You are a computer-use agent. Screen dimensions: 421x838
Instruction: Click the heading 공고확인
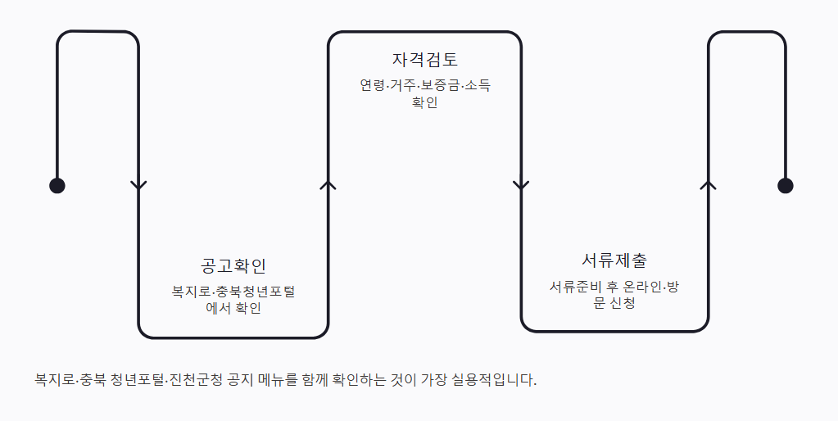[x=233, y=266]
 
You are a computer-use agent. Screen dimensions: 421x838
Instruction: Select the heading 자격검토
[x=425, y=60]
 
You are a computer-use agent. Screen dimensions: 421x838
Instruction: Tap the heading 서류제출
[x=614, y=261]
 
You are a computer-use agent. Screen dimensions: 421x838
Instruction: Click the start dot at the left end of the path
[x=57, y=185]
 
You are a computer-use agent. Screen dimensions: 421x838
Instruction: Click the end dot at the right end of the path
[x=785, y=185]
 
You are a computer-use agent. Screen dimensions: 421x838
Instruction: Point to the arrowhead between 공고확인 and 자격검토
[x=328, y=185]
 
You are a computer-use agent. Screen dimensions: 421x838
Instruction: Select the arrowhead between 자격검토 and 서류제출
[x=521, y=185]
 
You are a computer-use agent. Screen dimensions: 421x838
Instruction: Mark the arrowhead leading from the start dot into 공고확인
[x=138, y=185]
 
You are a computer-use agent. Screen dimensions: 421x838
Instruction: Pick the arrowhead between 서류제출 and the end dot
[x=709, y=185]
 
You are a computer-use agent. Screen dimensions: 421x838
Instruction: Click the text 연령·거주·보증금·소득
[x=425, y=86]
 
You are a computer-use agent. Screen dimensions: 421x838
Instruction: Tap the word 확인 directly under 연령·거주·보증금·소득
[x=425, y=103]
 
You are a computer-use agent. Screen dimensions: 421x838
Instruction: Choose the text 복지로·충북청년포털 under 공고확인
[x=233, y=292]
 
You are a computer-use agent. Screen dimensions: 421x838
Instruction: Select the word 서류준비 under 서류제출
[x=576, y=287]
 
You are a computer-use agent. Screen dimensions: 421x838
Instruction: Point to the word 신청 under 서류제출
[x=623, y=303]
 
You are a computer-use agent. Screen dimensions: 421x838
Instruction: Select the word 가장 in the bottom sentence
[x=433, y=381]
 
